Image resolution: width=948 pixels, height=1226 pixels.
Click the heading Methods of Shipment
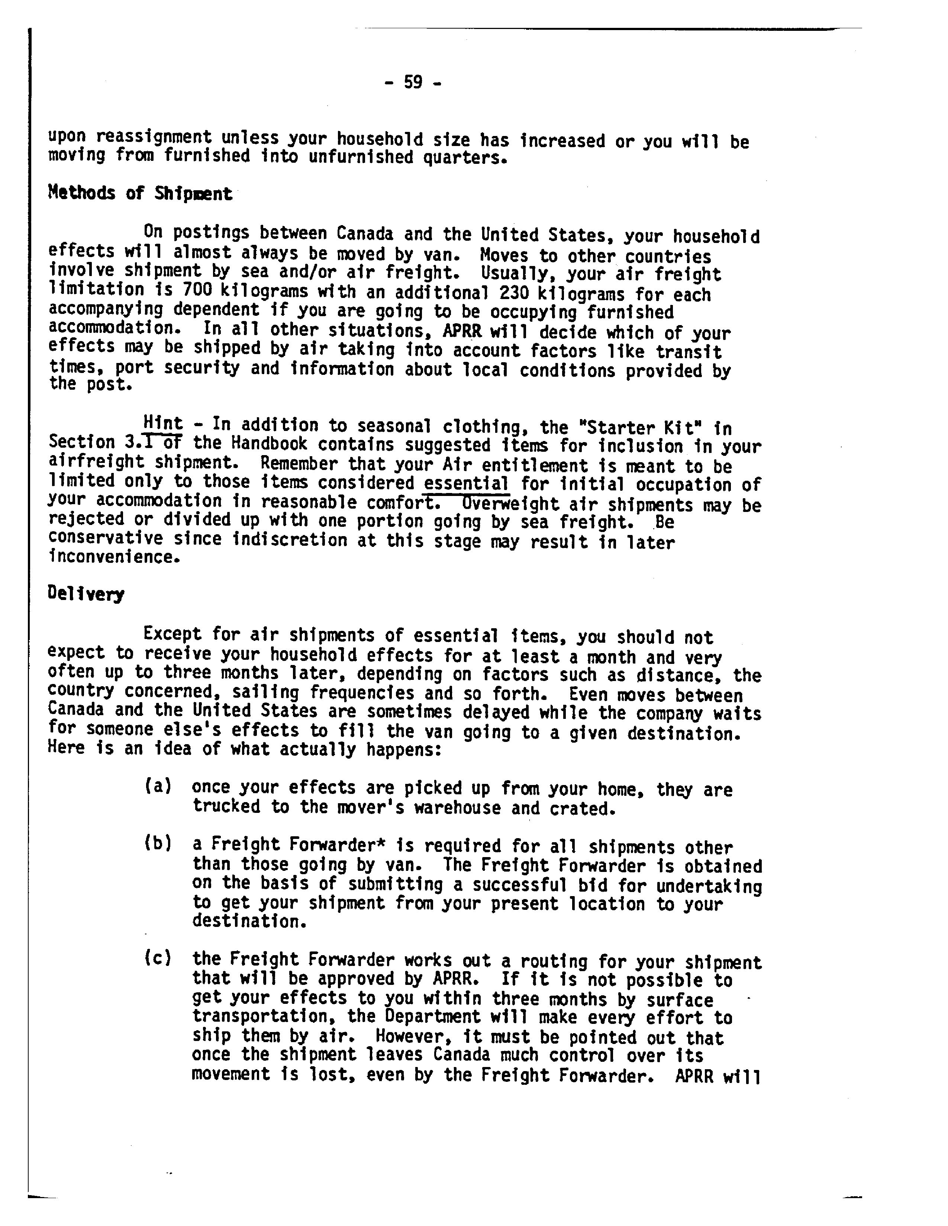[140, 194]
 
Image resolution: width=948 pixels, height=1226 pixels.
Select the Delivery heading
[86, 594]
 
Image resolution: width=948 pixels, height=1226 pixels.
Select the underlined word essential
[466, 483]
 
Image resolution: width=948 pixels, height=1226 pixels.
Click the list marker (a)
[157, 786]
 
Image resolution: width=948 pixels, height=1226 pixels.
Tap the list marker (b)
[157, 843]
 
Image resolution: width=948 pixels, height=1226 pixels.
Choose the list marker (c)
[157, 958]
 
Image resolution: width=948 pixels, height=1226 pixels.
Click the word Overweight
[510, 503]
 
